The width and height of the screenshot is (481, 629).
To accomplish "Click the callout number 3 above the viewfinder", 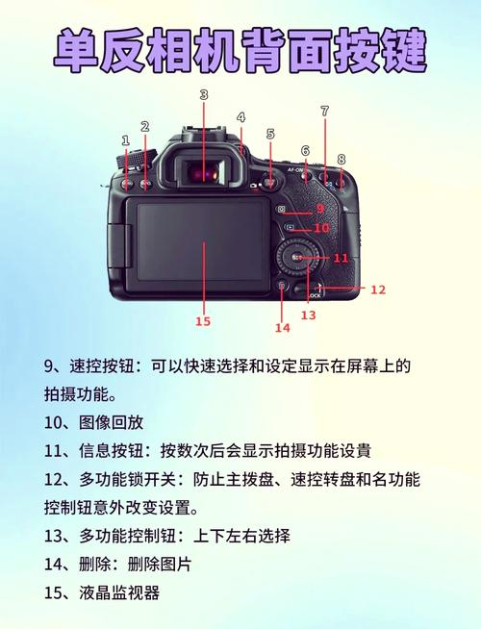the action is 204,94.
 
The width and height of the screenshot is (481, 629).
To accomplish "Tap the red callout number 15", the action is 203,321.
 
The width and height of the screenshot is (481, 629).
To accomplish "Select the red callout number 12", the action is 377,289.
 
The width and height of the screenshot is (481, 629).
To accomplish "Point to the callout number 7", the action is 325,111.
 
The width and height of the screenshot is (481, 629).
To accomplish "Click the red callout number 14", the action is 283,328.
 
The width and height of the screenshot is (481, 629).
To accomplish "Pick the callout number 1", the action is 126,140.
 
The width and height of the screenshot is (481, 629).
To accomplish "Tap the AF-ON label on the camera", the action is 295,170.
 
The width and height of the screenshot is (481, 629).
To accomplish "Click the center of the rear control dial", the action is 297,258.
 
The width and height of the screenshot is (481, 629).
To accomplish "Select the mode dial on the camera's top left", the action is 136,159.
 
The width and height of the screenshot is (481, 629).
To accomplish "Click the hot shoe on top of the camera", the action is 205,132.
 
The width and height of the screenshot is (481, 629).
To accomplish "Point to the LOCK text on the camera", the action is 315,295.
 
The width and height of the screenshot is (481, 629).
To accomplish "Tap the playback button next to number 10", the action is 290,228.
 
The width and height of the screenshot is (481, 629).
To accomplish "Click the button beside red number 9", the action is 281,209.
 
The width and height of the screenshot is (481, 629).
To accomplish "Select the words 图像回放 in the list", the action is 112,422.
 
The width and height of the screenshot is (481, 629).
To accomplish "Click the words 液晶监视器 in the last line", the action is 119,592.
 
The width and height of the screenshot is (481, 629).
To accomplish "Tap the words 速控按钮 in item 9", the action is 102,365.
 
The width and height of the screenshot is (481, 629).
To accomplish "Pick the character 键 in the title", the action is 402,51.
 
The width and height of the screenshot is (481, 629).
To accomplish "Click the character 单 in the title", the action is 77,51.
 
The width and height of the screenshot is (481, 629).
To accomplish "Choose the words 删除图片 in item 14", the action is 160,564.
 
